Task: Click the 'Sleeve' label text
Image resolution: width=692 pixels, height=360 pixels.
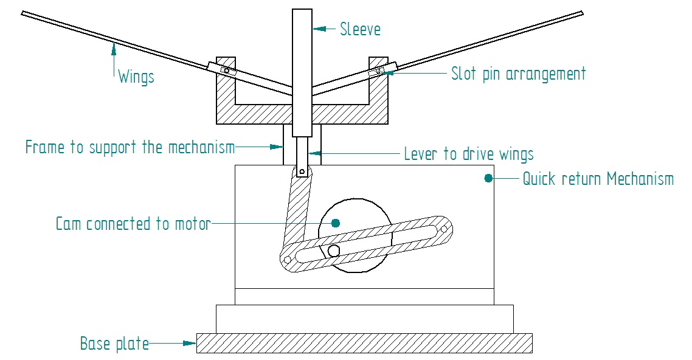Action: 360,29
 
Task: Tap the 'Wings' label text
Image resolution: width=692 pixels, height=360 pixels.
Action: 136,77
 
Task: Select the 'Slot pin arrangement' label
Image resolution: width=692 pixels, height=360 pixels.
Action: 518,74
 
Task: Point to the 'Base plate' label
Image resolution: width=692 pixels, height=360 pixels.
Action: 114,344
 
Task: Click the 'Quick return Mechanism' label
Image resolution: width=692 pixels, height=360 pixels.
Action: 598,179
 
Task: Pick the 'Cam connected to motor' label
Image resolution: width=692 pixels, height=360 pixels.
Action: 133,224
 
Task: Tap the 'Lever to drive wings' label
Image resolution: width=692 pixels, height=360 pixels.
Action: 469,154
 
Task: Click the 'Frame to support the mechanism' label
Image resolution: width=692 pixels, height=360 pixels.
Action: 130,147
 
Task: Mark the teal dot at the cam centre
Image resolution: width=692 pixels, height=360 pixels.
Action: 335,223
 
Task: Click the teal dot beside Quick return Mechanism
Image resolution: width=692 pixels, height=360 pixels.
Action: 488,178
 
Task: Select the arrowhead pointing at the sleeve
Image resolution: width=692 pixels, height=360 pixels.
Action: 317,29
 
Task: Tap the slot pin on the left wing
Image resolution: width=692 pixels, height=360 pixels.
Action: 226,71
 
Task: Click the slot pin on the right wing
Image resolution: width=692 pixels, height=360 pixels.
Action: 378,71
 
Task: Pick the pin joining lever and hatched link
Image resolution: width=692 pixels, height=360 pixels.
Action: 301,171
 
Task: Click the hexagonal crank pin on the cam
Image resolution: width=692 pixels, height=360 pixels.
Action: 334,250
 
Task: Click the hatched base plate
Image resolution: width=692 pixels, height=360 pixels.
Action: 364,343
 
